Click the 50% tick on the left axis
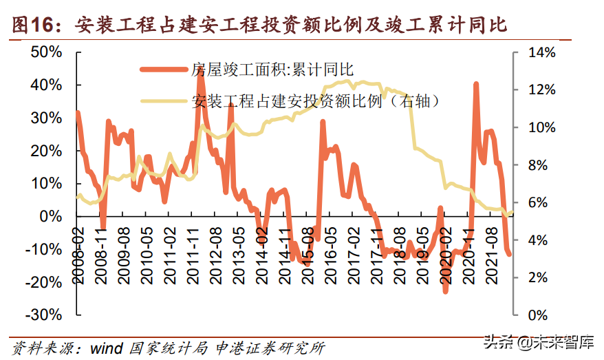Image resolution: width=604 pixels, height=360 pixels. click(x=46, y=53)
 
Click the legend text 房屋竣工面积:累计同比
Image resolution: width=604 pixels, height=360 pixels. click(x=271, y=70)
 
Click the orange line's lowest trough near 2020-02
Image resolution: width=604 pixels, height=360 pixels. click(x=445, y=291)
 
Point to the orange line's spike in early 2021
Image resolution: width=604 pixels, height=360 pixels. click(x=476, y=84)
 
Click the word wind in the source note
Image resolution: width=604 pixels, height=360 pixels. click(x=107, y=348)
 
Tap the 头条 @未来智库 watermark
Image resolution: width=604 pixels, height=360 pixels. click(x=537, y=342)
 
